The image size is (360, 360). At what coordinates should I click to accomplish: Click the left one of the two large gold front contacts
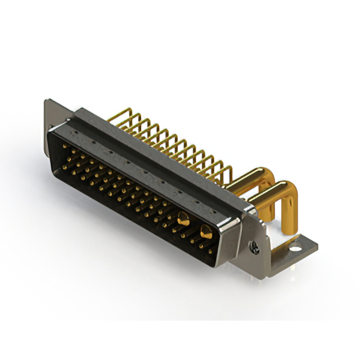click(x=182, y=220)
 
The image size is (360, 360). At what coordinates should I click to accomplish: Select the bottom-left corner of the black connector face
click(x=56, y=169)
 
